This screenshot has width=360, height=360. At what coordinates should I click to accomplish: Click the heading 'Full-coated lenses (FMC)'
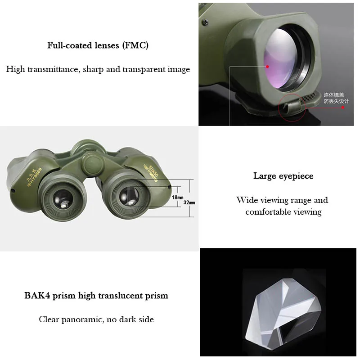coord(98,45)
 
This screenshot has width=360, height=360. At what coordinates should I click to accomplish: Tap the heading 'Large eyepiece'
coord(283,176)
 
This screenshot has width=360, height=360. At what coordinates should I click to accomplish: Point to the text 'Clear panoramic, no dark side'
coord(96,319)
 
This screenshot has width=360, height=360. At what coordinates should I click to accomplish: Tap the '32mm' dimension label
coord(189,203)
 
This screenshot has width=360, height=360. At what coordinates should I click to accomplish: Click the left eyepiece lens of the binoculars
coord(63,198)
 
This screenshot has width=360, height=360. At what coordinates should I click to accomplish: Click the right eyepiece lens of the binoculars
coord(129,197)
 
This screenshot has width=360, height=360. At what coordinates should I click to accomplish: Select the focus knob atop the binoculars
coord(84,148)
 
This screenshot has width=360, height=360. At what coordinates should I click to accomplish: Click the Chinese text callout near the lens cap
coord(336,98)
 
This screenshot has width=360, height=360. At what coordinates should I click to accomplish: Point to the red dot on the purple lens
coord(267,66)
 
